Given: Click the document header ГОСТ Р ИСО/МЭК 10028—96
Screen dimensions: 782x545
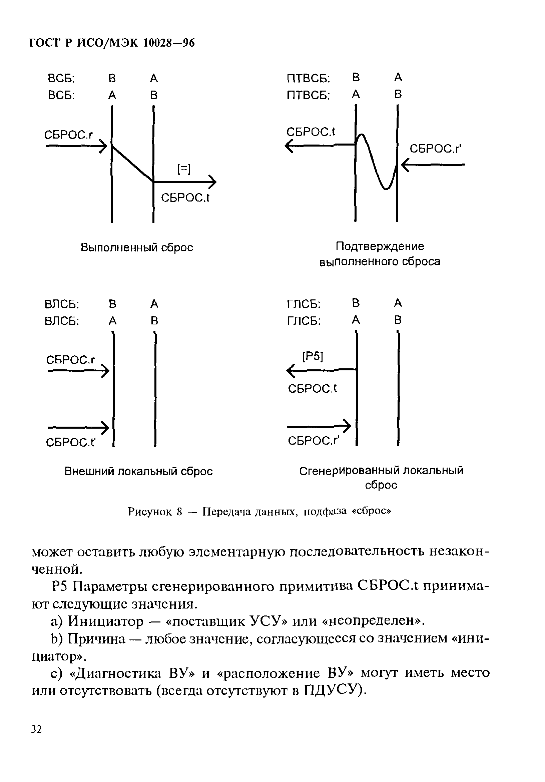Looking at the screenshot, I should point(111,43).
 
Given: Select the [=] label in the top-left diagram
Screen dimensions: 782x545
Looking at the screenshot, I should point(184,169).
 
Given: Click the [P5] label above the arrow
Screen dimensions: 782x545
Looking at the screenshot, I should point(313,356).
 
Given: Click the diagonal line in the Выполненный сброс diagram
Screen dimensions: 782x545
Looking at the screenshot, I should point(132,164).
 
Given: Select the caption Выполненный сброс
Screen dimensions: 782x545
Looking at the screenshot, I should point(137,247).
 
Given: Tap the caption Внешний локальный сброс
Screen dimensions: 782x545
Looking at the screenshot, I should point(138,471).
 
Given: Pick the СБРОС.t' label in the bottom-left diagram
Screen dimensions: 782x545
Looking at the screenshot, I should point(71,442).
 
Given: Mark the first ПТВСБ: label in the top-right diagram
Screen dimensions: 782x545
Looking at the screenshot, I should point(308,79).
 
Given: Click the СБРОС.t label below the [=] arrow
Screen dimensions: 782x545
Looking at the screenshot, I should point(185,197).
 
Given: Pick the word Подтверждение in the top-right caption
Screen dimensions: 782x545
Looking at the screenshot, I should point(380,246).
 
